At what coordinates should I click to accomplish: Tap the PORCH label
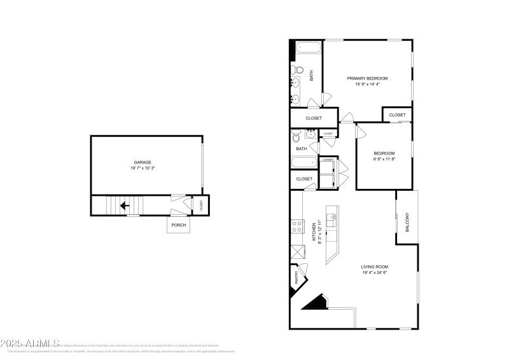[x=178, y=225]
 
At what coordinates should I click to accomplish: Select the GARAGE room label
[x=142, y=162]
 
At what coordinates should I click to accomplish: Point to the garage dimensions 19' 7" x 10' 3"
[x=143, y=169]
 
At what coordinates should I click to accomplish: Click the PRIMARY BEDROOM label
[x=367, y=78]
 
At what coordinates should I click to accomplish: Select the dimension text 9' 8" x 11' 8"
[x=384, y=159]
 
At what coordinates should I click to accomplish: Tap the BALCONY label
[x=408, y=221]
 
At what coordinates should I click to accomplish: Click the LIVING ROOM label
[x=375, y=267]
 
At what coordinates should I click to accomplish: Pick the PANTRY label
[x=296, y=277]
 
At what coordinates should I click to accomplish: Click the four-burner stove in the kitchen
[x=297, y=226]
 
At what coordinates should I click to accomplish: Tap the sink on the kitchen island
[x=333, y=220]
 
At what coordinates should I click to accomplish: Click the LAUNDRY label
[x=328, y=160]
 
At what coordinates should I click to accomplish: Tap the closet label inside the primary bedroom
[x=397, y=114]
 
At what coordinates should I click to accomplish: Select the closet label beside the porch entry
[x=201, y=205]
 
